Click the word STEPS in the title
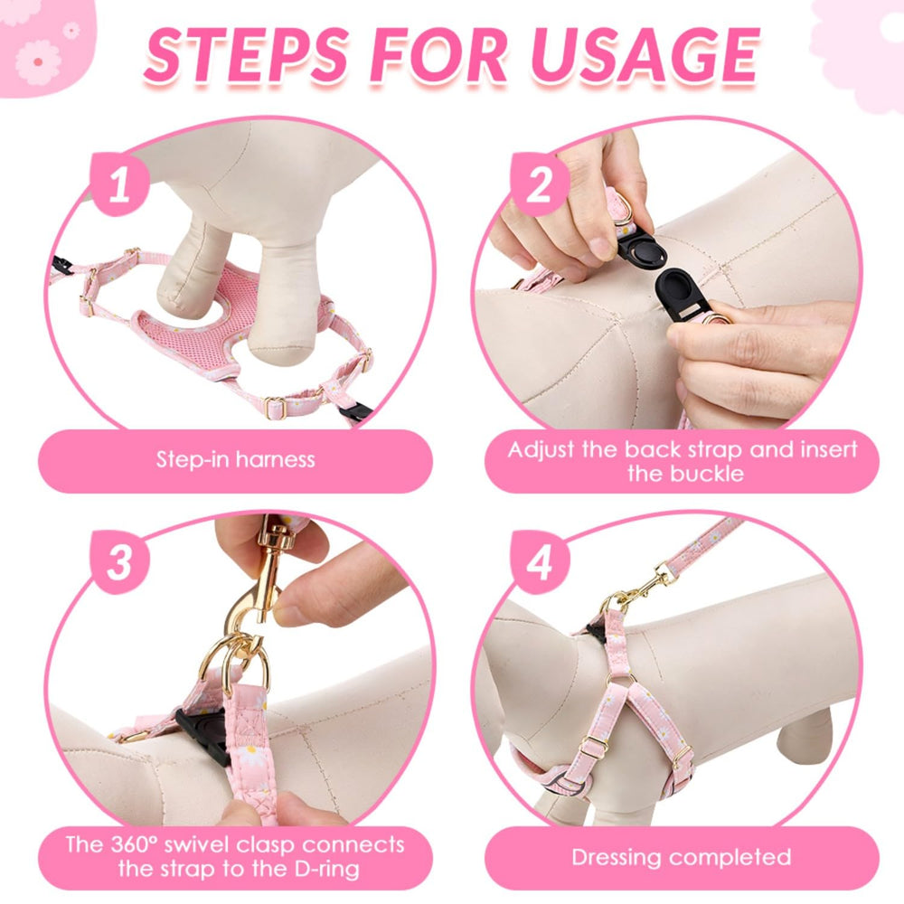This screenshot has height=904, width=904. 246,55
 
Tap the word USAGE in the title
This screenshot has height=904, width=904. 645,55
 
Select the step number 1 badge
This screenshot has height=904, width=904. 119,184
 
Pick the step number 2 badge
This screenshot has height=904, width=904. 540,184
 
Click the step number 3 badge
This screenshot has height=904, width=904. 119,562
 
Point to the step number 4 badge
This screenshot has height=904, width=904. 540,562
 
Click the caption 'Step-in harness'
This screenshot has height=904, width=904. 235,459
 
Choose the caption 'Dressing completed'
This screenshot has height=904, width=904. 682,857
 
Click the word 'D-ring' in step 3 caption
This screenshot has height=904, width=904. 327,869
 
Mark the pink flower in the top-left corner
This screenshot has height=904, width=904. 38,62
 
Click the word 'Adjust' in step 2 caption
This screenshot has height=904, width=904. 541,449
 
